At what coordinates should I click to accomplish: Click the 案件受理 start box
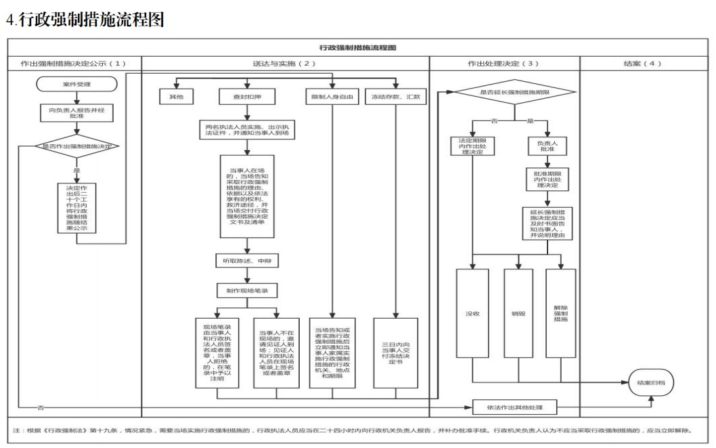[76, 84]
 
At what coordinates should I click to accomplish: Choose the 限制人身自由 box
[332, 97]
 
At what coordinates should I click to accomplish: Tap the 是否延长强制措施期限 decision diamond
[514, 91]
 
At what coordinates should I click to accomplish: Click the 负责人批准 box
[546, 146]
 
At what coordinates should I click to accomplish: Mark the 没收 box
[472, 313]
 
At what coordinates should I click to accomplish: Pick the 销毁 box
[518, 313]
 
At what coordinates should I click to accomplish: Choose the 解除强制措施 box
[560, 313]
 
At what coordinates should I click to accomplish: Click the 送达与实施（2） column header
[284, 63]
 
